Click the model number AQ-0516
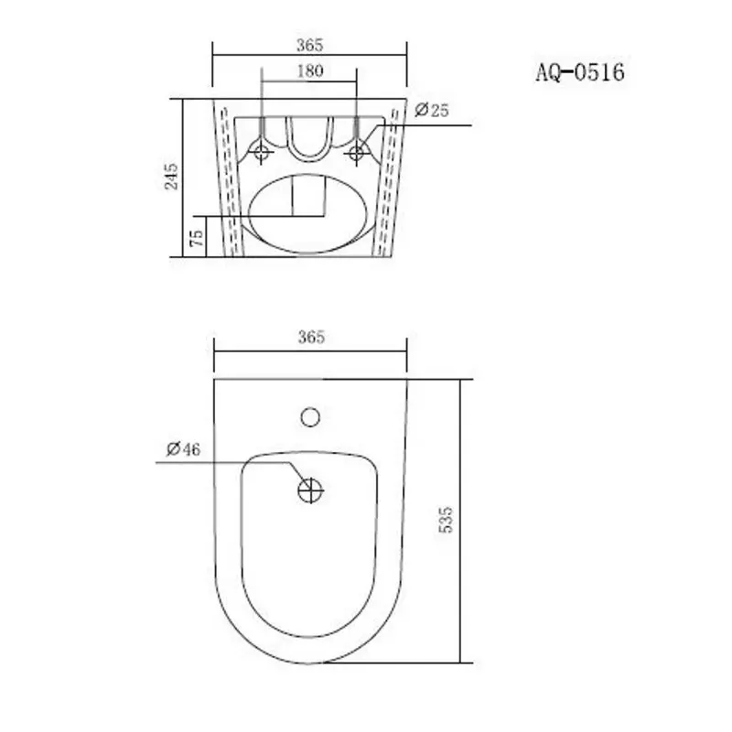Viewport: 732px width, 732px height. click(x=579, y=72)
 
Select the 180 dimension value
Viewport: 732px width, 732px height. click(x=310, y=72)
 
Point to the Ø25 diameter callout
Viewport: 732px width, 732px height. click(x=431, y=111)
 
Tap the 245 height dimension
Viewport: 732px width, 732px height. click(x=171, y=177)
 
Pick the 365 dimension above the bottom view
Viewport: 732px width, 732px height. click(x=310, y=338)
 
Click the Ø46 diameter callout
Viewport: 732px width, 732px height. click(x=183, y=449)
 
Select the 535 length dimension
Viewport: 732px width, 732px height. click(x=447, y=520)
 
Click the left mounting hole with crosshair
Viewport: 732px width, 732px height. click(x=263, y=153)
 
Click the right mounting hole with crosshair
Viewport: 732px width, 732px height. click(x=356, y=153)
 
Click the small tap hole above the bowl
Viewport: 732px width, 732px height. click(x=311, y=418)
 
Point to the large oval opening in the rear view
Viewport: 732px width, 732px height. click(x=310, y=212)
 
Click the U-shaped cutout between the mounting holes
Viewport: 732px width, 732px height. click(x=309, y=137)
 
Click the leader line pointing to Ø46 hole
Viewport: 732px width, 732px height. click(x=229, y=462)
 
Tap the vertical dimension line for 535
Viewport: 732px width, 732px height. click(x=463, y=520)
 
